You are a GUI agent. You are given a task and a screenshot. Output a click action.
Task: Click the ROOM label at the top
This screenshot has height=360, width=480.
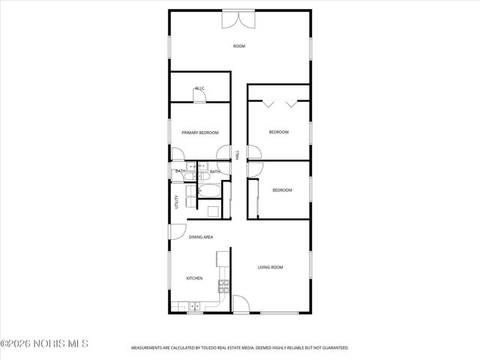239,46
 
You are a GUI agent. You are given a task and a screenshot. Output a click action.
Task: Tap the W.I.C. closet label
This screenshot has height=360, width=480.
200,88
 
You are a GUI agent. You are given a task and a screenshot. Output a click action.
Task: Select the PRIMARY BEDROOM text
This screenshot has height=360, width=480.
200,133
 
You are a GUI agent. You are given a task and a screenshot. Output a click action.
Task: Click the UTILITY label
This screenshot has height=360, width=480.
177,202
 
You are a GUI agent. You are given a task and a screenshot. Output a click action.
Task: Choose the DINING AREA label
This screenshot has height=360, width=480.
201,237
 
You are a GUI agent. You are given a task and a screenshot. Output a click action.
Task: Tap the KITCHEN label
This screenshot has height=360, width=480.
195,278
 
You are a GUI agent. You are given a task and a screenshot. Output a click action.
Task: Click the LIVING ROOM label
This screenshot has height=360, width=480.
270,267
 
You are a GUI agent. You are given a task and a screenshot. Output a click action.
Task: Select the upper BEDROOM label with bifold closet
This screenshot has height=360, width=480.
279,133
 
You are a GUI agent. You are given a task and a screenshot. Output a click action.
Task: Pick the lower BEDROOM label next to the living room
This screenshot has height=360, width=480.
282,190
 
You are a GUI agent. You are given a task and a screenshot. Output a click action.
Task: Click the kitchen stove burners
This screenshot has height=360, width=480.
223,286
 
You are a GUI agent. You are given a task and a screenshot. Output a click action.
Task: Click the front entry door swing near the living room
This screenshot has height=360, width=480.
241,305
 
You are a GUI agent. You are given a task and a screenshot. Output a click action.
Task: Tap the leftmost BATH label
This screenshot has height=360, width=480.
180,172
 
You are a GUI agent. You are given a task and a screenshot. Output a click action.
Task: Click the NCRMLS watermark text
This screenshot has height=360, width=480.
45,343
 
